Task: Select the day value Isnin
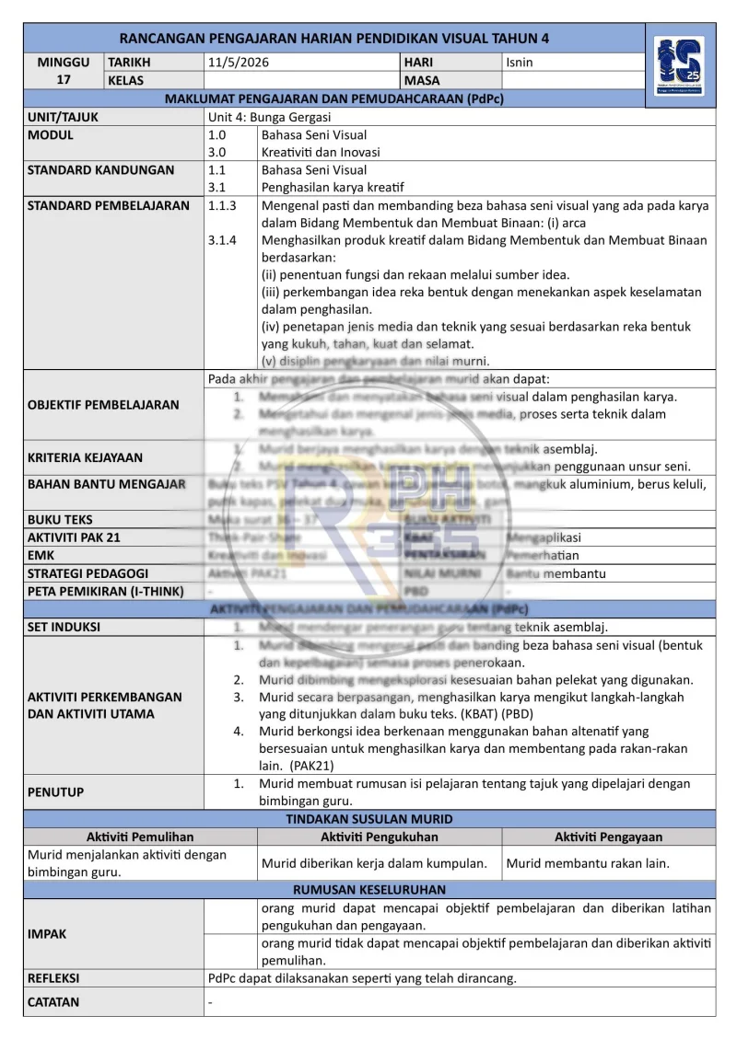pos(520,63)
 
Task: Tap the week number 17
pos(64,80)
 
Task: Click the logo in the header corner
pos(680,71)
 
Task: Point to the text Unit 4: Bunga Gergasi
pos(269,117)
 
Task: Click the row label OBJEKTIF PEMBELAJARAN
pos(103,405)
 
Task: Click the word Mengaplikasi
pos(544,537)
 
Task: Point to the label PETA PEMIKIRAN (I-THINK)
pos(105,591)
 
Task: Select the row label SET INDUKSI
pos(64,627)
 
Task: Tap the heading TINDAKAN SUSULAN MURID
pos(368,819)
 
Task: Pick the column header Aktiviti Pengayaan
pos(608,837)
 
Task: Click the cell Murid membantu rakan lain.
pos(588,863)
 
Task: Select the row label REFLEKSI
pos(53,977)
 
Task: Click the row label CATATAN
pos(53,1002)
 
